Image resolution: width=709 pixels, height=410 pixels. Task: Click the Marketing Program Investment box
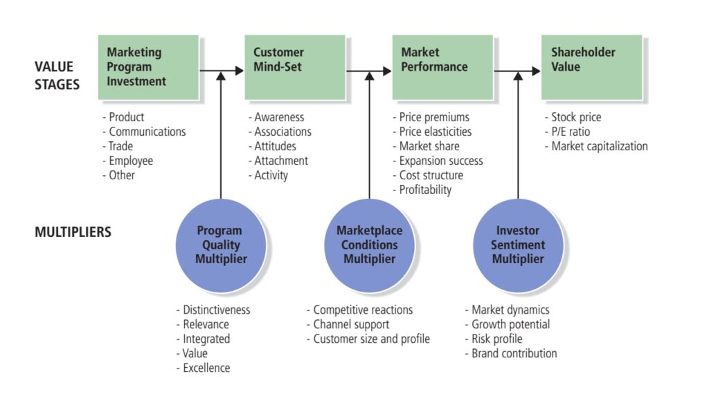click(148, 67)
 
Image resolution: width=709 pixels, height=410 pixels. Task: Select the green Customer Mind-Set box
click(294, 67)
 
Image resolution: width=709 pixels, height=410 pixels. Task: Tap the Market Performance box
click(442, 67)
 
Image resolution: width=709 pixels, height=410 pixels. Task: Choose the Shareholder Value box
click(591, 67)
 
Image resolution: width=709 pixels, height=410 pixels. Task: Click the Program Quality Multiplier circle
click(220, 245)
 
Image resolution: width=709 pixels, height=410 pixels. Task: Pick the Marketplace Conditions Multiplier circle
click(369, 245)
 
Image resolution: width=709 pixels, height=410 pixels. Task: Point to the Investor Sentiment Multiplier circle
click(518, 245)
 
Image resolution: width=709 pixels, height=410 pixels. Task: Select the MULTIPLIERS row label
click(73, 232)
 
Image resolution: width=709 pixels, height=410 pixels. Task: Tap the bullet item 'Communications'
click(147, 132)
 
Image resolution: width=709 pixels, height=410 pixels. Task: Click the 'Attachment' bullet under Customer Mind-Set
click(280, 161)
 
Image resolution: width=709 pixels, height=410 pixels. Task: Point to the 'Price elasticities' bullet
click(435, 132)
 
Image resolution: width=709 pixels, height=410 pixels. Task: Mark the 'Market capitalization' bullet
click(599, 146)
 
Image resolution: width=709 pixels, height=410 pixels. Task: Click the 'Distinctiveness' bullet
click(216, 310)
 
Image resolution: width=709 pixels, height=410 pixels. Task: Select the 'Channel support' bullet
click(350, 325)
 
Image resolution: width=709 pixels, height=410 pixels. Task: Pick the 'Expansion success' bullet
click(440, 161)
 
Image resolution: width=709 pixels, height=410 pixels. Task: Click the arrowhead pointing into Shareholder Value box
click(535, 71)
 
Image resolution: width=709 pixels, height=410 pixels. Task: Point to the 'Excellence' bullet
click(206, 368)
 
